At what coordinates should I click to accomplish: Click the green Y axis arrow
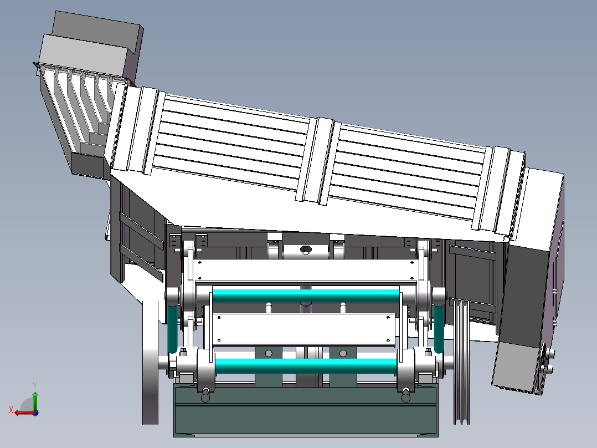pyautogui.click(x=35, y=400)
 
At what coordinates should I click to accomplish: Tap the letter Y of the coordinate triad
pyautogui.click(x=35, y=385)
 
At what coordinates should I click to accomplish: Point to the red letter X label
pyautogui.click(x=11, y=410)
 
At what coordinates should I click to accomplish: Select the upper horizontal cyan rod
pyautogui.click(x=306, y=296)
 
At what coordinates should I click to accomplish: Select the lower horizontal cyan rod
pyautogui.click(x=306, y=365)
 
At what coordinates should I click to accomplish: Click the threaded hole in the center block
pyautogui.click(x=306, y=250)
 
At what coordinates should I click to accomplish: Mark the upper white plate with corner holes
pyautogui.click(x=305, y=271)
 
